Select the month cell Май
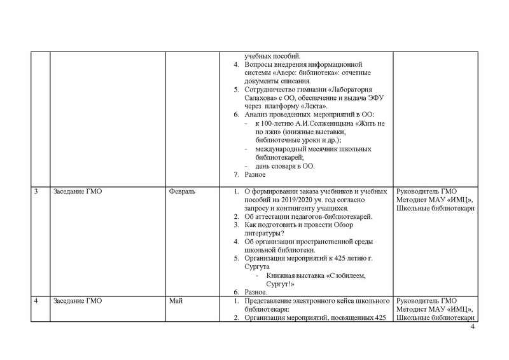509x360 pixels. pos(176,300)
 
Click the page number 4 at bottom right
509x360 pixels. pos(473,327)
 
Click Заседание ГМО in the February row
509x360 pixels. pos(77,191)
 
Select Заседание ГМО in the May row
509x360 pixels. pos(77,300)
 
